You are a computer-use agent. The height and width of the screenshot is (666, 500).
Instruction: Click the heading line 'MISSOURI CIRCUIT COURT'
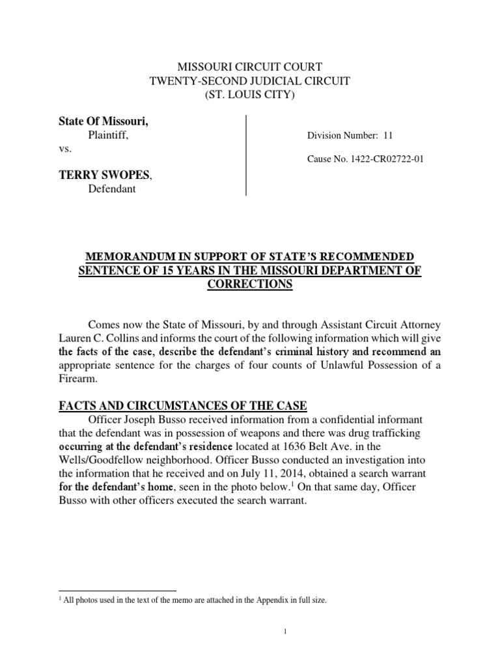[x=250, y=66]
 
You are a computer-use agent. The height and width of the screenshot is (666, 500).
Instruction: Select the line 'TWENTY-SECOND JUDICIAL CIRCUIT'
[x=250, y=81]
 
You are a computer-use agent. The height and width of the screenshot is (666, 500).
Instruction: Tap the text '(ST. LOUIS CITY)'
[x=250, y=95]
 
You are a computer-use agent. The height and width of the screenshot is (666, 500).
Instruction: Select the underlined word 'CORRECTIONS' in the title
[x=250, y=285]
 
